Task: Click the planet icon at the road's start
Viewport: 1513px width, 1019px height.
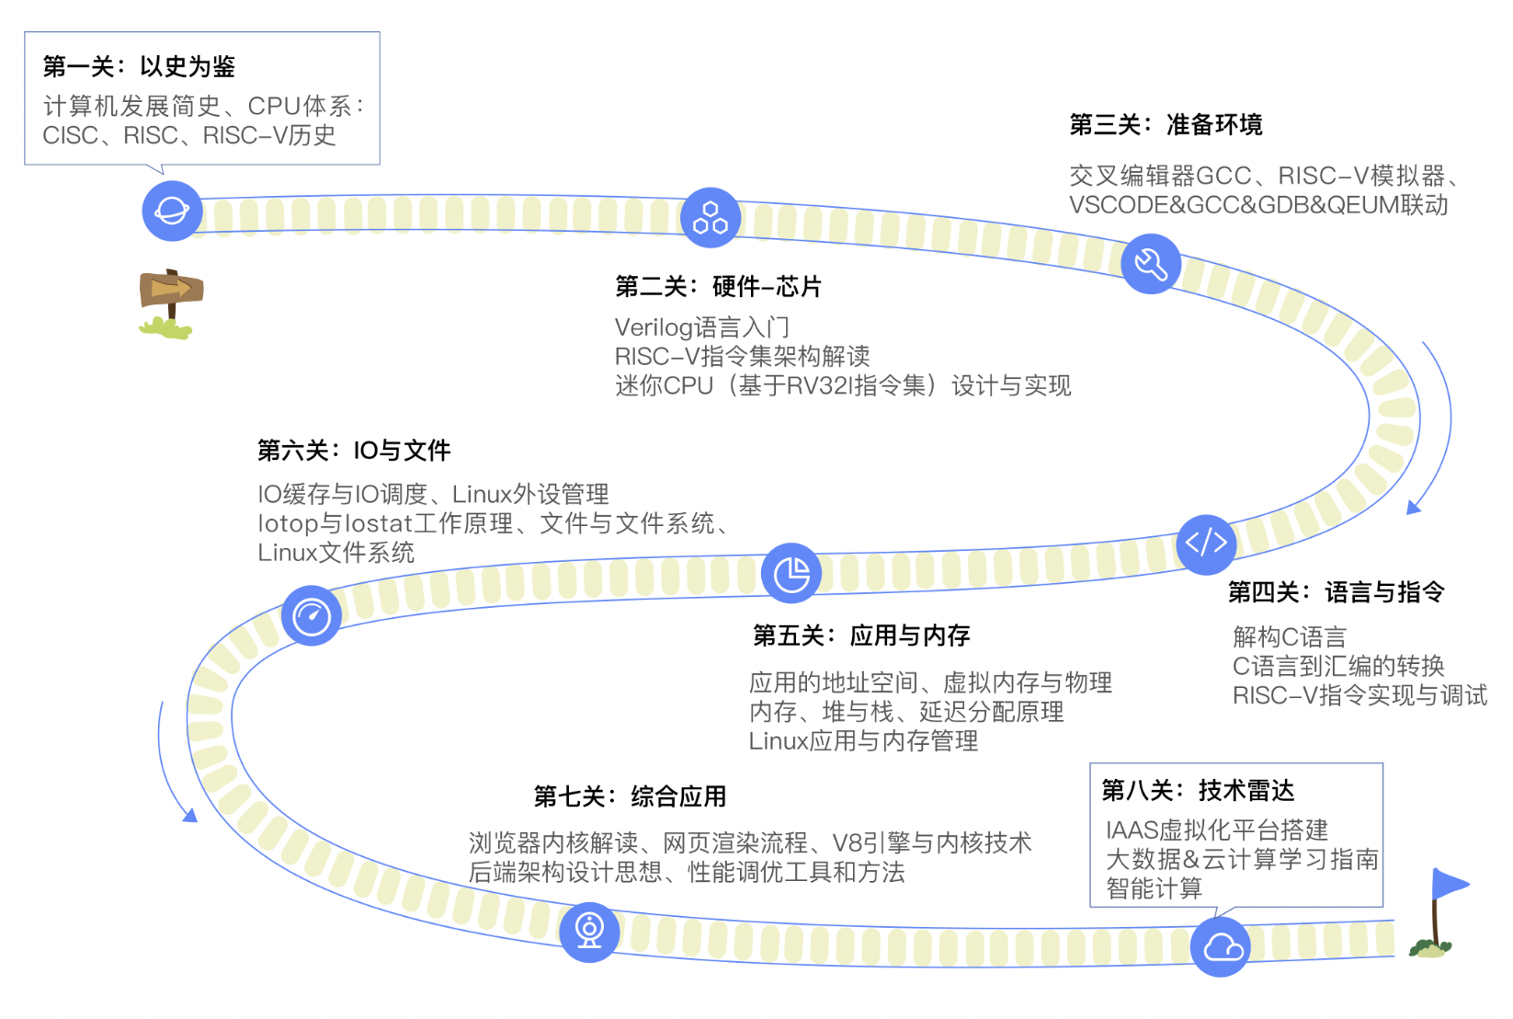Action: (x=172, y=211)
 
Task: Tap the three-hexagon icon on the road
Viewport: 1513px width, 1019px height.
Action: (x=711, y=218)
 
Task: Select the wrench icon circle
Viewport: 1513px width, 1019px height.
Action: (x=1151, y=264)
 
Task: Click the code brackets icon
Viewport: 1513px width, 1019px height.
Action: (x=1206, y=544)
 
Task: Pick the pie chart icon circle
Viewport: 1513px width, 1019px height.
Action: (x=791, y=574)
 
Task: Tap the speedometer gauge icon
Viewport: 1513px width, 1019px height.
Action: (x=312, y=615)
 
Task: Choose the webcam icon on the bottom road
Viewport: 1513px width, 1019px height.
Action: (x=589, y=932)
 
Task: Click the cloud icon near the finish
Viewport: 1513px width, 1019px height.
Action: (x=1222, y=946)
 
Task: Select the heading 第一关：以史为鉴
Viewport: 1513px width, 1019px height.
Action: (x=139, y=66)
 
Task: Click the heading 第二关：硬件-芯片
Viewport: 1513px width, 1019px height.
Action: (x=718, y=287)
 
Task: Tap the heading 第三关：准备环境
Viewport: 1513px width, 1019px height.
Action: (x=1166, y=124)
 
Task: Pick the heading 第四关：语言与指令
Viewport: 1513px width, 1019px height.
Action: (x=1336, y=592)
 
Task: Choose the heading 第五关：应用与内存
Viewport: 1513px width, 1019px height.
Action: (x=861, y=635)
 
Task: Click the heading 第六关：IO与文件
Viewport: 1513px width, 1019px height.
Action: (x=354, y=451)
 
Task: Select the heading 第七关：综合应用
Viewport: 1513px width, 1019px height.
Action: (x=630, y=796)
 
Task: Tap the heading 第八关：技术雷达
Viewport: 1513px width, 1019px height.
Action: (x=1198, y=790)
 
